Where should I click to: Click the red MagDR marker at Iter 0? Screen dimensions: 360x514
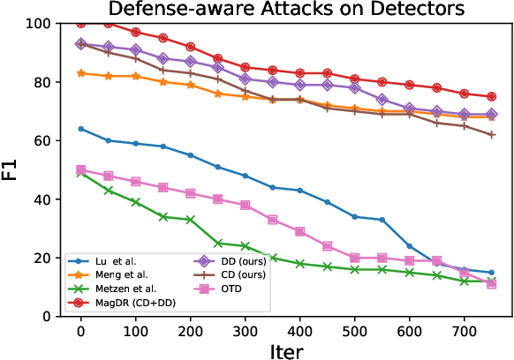(x=81, y=23)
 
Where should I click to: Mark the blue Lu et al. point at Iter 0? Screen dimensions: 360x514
(x=81, y=129)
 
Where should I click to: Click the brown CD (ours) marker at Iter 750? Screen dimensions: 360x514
(x=492, y=134)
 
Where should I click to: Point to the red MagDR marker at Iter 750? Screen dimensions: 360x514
(x=492, y=96)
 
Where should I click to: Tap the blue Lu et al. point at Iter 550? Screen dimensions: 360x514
(x=382, y=220)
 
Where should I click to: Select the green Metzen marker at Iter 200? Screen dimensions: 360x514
(x=191, y=220)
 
